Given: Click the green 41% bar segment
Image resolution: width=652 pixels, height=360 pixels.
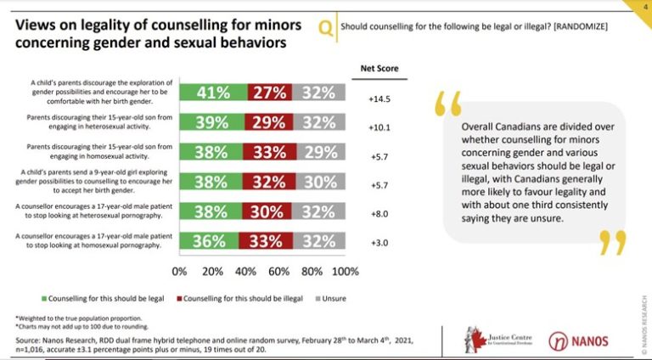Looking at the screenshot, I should pyautogui.click(x=213, y=93).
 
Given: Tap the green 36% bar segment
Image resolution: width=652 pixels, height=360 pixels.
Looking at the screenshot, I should pyautogui.click(x=210, y=240).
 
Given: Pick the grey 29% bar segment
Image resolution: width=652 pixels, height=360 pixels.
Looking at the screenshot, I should pyautogui.click(x=320, y=152).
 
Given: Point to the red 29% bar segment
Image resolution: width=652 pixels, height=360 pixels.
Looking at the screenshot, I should pyautogui.click(x=269, y=123).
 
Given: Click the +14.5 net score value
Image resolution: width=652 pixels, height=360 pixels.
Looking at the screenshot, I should pyautogui.click(x=379, y=98).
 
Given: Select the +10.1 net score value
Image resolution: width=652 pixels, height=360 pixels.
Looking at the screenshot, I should pyautogui.click(x=379, y=128).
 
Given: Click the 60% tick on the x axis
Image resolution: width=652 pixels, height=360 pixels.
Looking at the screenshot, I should pyautogui.click(x=278, y=272).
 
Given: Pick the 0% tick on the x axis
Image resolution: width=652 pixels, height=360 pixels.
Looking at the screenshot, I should pyautogui.click(x=179, y=272).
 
